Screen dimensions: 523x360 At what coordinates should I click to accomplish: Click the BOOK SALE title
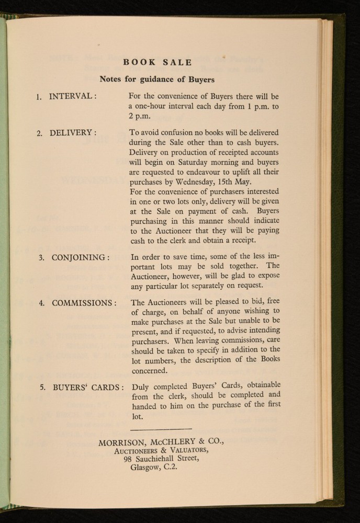click(157, 63)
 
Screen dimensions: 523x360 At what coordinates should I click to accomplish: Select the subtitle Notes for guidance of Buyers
click(157, 80)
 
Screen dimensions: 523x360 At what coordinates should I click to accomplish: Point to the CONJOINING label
click(80, 257)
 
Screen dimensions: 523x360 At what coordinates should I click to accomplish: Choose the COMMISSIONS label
click(84, 303)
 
